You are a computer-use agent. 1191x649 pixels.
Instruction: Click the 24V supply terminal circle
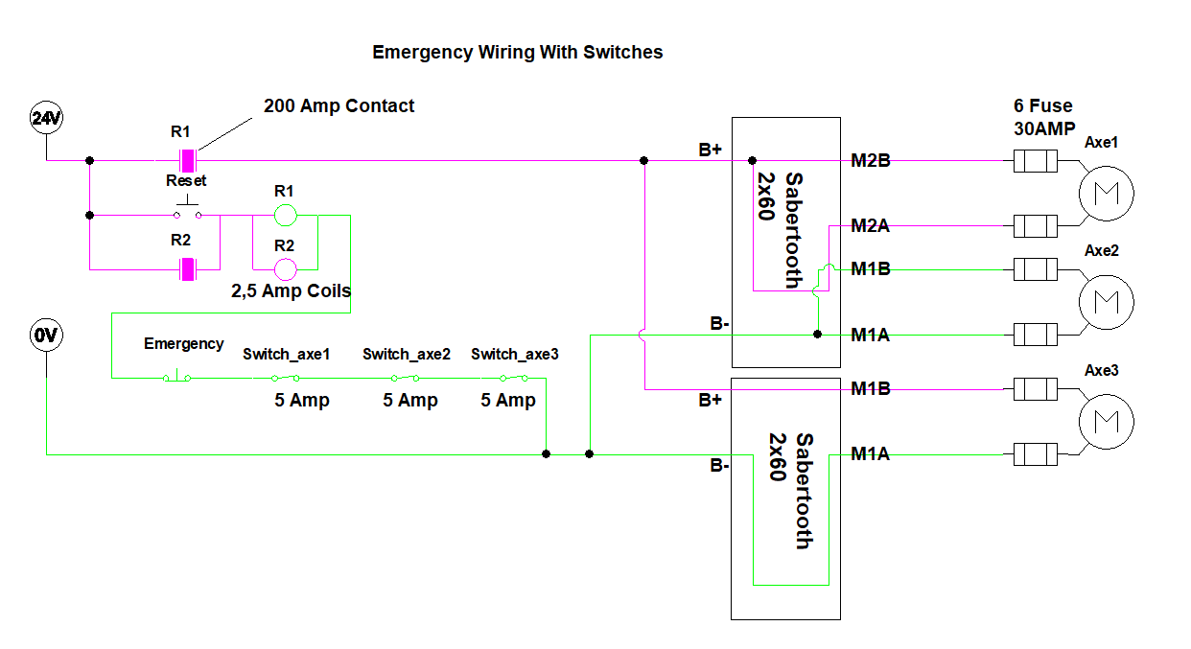click(46, 119)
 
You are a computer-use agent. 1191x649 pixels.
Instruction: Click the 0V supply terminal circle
click(46, 336)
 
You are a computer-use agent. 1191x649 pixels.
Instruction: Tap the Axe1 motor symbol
click(1106, 194)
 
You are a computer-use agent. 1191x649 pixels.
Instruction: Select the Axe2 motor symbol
click(1106, 302)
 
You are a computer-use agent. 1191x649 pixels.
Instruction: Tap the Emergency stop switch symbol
click(175, 377)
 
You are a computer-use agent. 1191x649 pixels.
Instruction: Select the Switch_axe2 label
click(407, 355)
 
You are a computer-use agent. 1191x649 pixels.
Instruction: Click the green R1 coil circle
click(284, 215)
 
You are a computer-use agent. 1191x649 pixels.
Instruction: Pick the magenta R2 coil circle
click(284, 269)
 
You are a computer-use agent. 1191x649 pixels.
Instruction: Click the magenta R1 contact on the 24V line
click(189, 160)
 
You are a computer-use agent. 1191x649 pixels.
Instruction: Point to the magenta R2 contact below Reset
click(189, 269)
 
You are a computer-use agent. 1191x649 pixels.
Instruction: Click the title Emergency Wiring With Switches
click(517, 53)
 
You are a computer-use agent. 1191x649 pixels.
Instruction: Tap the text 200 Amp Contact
click(339, 106)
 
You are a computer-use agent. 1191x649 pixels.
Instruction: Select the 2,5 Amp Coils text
click(291, 290)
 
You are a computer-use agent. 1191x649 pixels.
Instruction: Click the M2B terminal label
click(871, 161)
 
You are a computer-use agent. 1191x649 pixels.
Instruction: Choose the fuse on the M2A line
click(1035, 226)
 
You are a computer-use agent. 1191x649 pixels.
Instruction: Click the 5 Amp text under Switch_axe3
click(508, 401)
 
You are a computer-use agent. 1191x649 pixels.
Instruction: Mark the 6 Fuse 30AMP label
click(1043, 117)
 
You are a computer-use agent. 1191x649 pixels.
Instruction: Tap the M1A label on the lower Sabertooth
click(871, 454)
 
